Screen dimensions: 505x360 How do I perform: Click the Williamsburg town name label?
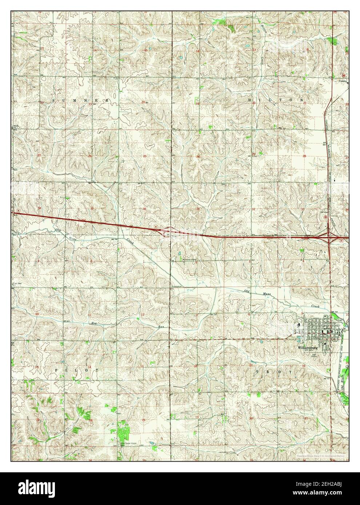pyautogui.click(x=307, y=347)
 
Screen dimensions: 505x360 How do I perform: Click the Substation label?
pyautogui.click(x=175, y=287)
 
